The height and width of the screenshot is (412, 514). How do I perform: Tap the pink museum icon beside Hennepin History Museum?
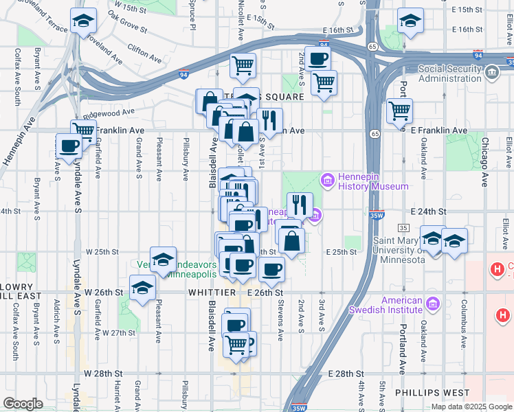(328, 181)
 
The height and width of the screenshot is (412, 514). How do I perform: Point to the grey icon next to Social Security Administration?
(491, 72)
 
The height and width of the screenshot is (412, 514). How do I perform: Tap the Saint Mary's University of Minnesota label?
(399, 250)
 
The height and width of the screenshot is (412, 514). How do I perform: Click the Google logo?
(23, 404)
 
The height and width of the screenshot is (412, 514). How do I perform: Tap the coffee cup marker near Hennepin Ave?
(69, 146)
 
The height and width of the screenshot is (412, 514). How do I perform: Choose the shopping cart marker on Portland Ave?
(399, 110)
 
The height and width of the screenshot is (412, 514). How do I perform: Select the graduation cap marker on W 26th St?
(142, 287)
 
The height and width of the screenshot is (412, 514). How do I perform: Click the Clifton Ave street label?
(145, 51)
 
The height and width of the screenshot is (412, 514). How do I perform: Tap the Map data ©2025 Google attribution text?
(471, 407)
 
